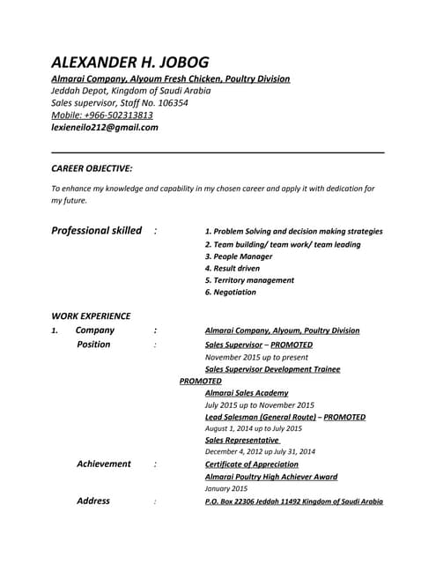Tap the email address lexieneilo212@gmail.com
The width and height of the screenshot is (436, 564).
pyautogui.click(x=105, y=127)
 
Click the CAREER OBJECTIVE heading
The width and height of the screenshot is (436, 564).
pyautogui.click(x=92, y=167)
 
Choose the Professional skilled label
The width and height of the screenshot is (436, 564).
pyautogui.click(x=96, y=231)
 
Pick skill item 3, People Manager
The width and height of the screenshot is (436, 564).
pyautogui.click(x=238, y=256)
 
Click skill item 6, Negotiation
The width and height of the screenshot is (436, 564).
pyautogui.click(x=230, y=292)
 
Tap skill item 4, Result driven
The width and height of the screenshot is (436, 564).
pyautogui.click(x=232, y=268)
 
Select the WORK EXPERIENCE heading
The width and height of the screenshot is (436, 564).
pyautogui.click(x=91, y=315)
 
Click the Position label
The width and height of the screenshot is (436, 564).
pyautogui.click(x=93, y=345)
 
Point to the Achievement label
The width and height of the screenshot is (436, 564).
pyautogui.click(x=103, y=464)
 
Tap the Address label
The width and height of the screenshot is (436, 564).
pyautogui.click(x=93, y=501)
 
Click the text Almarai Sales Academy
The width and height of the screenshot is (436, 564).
pyautogui.click(x=246, y=393)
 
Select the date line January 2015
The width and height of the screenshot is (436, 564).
pyautogui.click(x=225, y=488)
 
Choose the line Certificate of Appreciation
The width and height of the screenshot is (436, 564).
pyautogui.click(x=257, y=464)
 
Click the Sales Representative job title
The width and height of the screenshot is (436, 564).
pyautogui.click(x=242, y=440)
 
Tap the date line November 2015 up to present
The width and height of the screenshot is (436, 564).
pyautogui.click(x=256, y=358)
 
